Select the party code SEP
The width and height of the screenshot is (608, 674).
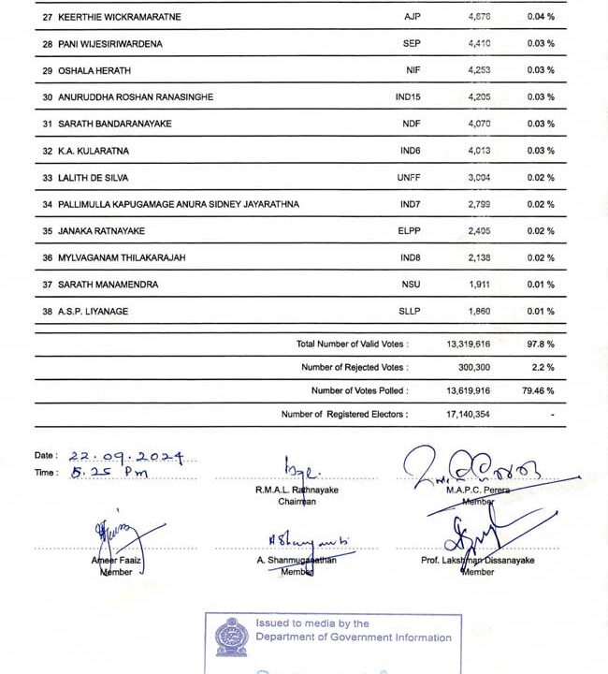[412, 44]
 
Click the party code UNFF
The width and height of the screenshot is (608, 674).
[412, 177]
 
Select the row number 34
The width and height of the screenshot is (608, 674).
[48, 204]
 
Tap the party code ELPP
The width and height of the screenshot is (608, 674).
[412, 230]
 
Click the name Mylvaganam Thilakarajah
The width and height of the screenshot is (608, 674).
[122, 257]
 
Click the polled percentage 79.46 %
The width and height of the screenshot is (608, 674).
[538, 390]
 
